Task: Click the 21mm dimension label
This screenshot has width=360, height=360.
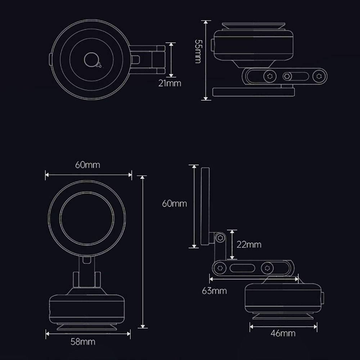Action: [x=170, y=84]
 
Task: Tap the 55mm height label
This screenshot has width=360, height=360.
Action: [x=198, y=51]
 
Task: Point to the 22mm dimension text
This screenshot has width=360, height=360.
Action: [x=249, y=245]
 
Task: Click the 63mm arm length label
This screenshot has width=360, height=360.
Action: [x=215, y=290]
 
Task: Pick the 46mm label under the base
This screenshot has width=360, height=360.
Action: [x=283, y=333]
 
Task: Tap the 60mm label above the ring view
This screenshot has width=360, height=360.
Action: [x=87, y=165]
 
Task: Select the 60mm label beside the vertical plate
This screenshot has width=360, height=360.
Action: [x=175, y=203]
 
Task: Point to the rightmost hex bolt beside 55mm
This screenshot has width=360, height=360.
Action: [x=318, y=76]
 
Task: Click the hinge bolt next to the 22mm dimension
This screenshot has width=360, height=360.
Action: [x=220, y=238]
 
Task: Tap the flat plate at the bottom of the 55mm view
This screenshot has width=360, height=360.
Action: [x=254, y=92]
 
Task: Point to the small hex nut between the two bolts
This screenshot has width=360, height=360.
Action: [x=287, y=76]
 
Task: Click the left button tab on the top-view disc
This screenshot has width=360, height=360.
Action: [x=50, y=59]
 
